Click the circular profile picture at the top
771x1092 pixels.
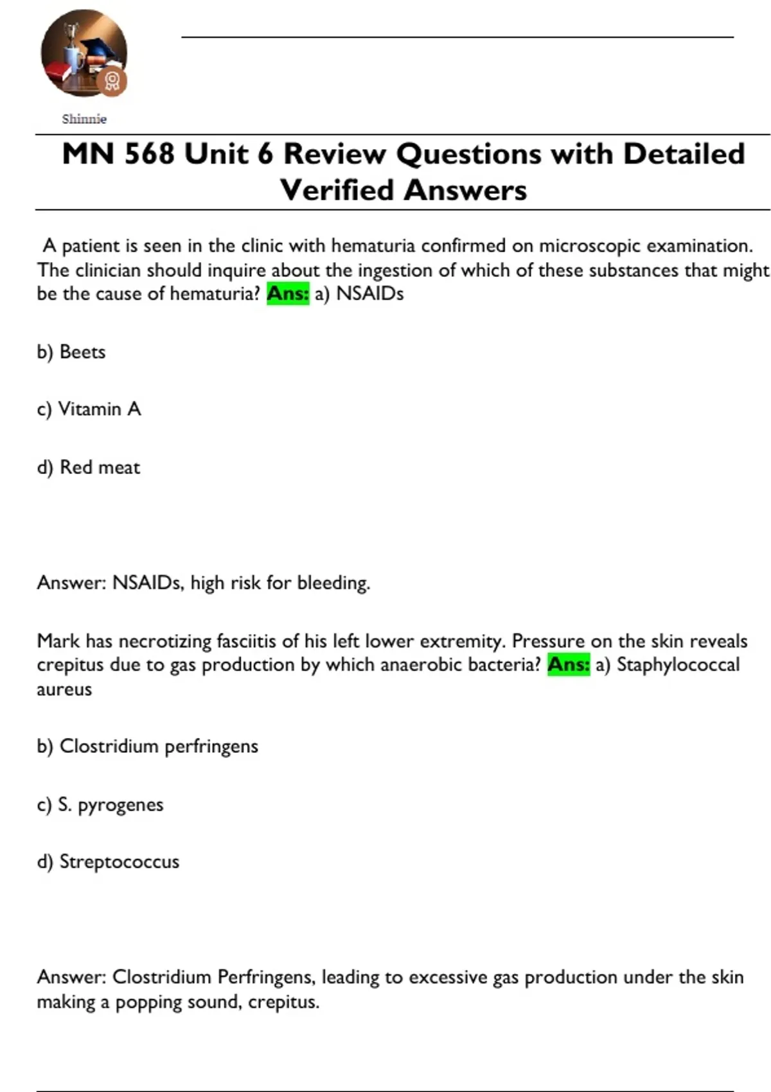pos(84,53)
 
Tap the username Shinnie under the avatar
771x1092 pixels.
pos(84,119)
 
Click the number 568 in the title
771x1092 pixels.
pos(149,154)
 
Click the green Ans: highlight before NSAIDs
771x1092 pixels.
pos(288,294)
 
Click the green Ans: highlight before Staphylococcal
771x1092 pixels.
pos(569,664)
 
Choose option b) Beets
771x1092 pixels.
pos(71,352)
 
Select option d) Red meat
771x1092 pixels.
pos(88,467)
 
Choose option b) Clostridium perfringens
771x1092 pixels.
pos(147,746)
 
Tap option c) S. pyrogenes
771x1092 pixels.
pos(100,804)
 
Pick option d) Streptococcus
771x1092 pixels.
pos(108,862)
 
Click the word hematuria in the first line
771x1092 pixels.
pos(373,246)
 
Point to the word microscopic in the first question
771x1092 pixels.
pos(589,246)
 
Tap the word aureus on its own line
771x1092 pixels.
pos(64,690)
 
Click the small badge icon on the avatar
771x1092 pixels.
pos(112,81)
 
